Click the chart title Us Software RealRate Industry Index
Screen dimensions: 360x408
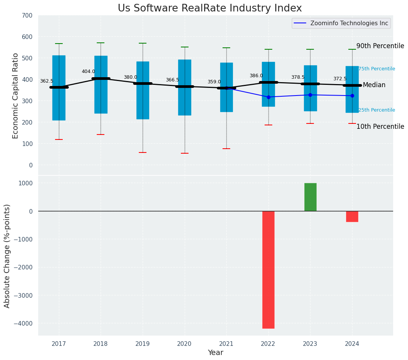[x=210, y=8]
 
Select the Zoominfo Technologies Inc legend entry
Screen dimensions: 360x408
[x=341, y=23]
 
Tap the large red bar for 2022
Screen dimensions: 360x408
[x=268, y=269]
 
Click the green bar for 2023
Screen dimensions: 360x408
[x=310, y=197]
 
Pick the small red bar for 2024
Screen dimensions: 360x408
[x=352, y=216]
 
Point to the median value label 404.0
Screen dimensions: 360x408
[x=88, y=71]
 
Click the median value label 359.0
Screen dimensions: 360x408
[x=214, y=82]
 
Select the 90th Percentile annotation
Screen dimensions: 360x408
[x=380, y=46]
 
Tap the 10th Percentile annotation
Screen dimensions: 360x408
[x=380, y=126]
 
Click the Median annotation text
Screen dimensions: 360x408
[x=374, y=85]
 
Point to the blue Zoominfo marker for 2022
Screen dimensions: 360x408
[x=268, y=97]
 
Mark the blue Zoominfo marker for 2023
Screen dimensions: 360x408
[x=310, y=95]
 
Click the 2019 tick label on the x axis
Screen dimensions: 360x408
[x=143, y=344]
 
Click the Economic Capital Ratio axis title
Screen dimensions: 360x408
[x=16, y=96]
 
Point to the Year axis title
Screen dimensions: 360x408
[x=216, y=353]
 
